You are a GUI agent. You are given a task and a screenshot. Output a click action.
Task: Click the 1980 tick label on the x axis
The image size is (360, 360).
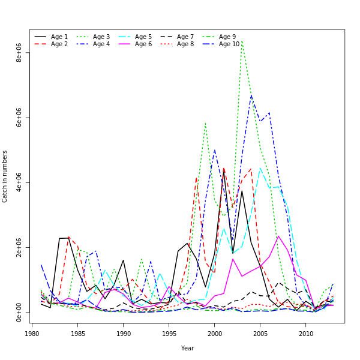pos(32,333)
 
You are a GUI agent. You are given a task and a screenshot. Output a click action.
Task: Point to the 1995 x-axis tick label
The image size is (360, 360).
pos(169,333)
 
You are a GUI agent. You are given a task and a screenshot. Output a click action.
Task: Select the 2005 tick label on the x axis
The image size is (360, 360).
pos(260,333)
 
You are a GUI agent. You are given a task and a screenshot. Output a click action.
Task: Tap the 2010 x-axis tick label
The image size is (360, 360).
pos(306,333)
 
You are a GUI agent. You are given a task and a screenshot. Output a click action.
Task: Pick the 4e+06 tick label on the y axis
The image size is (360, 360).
pos(19,182)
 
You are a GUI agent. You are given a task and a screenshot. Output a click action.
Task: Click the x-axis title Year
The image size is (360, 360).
pos(187,348)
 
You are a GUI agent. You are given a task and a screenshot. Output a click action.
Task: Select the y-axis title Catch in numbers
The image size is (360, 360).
pos(5,176)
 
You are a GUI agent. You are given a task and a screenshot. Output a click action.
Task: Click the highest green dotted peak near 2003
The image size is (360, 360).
pos(242,41)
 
